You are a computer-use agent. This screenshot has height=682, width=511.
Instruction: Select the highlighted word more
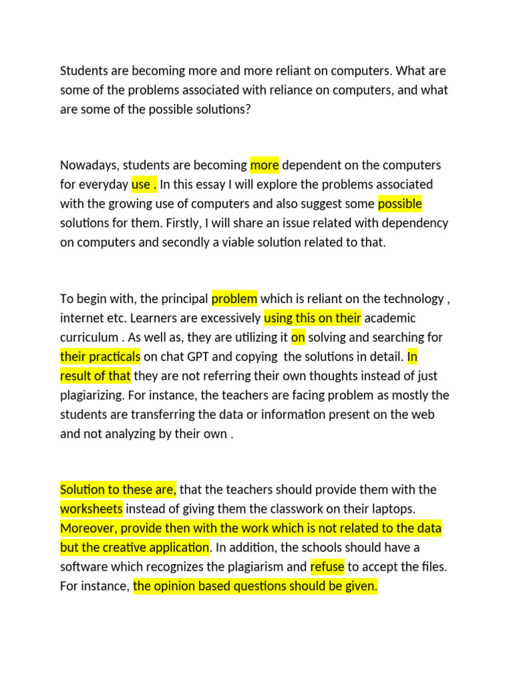264,165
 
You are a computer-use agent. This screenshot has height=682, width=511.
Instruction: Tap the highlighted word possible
400,203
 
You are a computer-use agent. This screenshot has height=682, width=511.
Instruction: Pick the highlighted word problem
234,299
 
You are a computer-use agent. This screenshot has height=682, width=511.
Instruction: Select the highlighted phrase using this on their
313,318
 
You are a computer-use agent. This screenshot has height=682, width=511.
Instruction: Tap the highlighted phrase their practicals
100,356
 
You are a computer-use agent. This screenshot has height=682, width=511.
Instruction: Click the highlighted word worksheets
91,510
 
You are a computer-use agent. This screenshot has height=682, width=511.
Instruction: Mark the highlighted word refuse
327,567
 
